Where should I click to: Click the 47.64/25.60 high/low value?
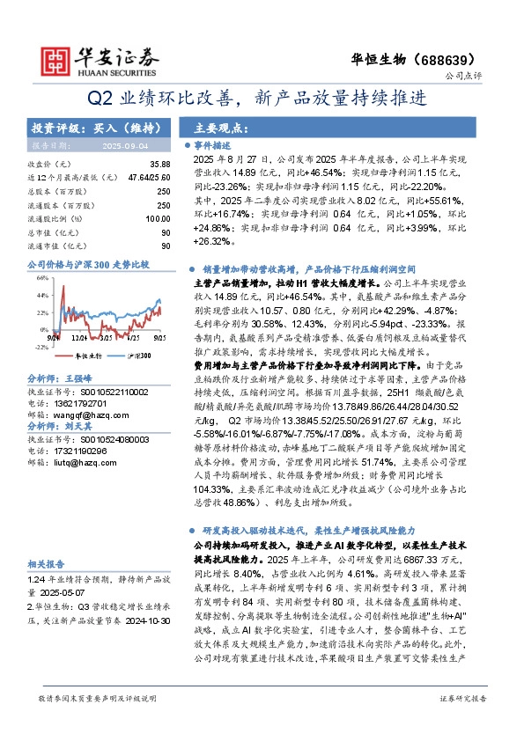tap(148, 177)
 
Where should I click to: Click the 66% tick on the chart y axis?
tap(41, 275)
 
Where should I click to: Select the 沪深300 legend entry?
tap(131, 356)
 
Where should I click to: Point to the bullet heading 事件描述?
tap(213, 144)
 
